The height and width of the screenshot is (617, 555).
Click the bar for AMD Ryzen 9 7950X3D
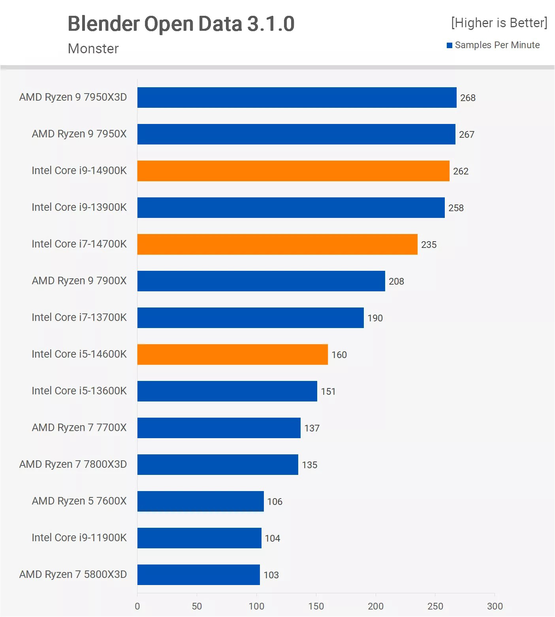tap(297, 98)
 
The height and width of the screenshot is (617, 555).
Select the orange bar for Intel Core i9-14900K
tap(293, 171)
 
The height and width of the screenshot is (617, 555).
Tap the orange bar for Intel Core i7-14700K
tap(277, 244)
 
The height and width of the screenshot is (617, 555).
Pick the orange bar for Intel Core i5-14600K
tap(232, 354)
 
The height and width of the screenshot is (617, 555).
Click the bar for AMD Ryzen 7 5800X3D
tap(198, 575)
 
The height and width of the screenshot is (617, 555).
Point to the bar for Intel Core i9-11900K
tap(199, 538)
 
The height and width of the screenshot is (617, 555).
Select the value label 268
tap(468, 98)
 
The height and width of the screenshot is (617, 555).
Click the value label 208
tap(396, 281)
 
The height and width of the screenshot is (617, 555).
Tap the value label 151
tap(328, 392)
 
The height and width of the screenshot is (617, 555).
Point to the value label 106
tap(275, 502)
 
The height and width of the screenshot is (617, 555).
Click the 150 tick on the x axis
tap(316, 606)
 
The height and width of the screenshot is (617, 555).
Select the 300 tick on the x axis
tap(495, 606)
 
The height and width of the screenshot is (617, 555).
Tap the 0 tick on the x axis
tap(137, 606)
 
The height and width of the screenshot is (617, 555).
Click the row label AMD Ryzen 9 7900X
tap(79, 281)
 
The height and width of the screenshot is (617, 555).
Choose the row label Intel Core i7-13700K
tap(79, 317)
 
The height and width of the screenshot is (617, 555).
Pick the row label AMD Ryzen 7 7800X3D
tap(73, 464)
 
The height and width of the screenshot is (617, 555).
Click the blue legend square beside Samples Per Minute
tap(450, 45)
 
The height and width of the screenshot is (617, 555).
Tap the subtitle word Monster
tap(93, 49)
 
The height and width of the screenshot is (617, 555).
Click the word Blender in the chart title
tap(104, 24)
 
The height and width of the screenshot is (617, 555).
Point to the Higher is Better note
tap(499, 23)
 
